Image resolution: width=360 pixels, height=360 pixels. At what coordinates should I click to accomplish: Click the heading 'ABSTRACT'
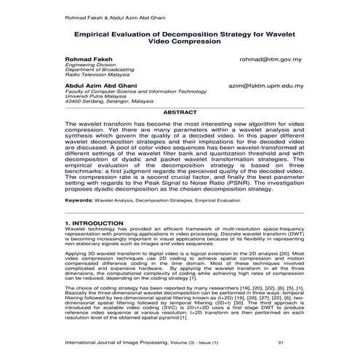click(180, 113)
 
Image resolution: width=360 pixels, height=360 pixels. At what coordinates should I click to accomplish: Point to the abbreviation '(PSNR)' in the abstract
click(238, 180)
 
